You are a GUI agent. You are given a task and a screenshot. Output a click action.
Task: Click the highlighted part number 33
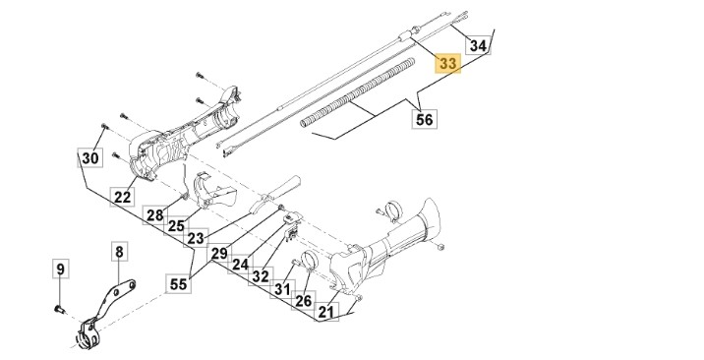(x=448, y=63)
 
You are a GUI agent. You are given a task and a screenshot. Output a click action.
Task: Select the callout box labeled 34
(x=478, y=45)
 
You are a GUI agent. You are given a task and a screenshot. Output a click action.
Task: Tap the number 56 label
(x=425, y=119)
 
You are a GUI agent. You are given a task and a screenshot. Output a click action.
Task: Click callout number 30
(x=89, y=157)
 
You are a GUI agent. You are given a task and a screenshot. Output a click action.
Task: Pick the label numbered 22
(x=123, y=196)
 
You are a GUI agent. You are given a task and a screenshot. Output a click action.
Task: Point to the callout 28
(x=155, y=215)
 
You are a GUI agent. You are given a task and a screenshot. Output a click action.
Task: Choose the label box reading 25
(x=176, y=226)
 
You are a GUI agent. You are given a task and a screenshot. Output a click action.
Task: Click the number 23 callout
(x=196, y=238)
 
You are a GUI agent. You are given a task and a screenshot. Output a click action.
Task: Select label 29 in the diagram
(x=219, y=254)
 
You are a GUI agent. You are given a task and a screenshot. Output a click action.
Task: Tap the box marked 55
(x=178, y=283)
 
